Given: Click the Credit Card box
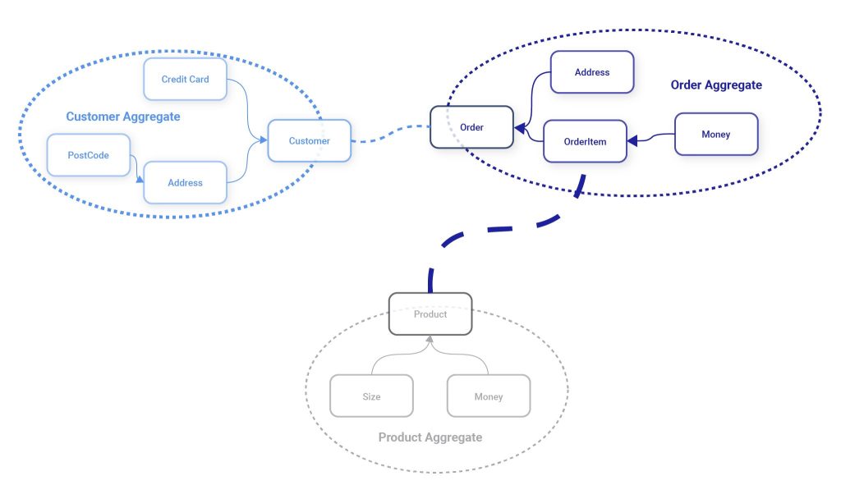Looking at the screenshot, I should tap(185, 80).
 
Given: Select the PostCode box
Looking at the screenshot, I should tap(88, 155).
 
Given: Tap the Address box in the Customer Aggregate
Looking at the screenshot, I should tap(185, 182).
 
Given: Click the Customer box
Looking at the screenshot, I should tap(309, 141).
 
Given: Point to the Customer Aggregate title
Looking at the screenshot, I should tap(123, 117).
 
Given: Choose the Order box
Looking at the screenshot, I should tap(471, 127).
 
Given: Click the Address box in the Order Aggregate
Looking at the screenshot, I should tap(591, 72).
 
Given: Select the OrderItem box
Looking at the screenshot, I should tap(585, 141).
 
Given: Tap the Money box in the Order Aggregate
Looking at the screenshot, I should tap(715, 134).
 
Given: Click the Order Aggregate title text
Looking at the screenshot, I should tap(716, 85).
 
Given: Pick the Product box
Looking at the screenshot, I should tap(430, 314).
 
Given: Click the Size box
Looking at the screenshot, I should tap(371, 396).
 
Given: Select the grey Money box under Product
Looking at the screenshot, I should tap(488, 396).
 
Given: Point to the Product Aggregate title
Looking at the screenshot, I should tap(430, 437).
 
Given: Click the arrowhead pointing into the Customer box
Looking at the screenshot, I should tap(264, 140).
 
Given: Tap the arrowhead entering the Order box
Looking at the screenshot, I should tap(520, 127).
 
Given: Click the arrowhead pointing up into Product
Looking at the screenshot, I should tap(429, 338).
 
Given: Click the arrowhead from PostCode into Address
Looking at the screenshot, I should tap(140, 176).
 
